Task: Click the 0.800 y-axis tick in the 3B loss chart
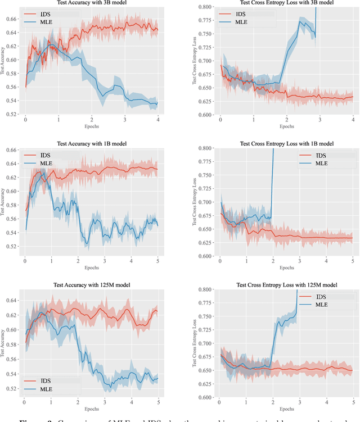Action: [x=205, y=7]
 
